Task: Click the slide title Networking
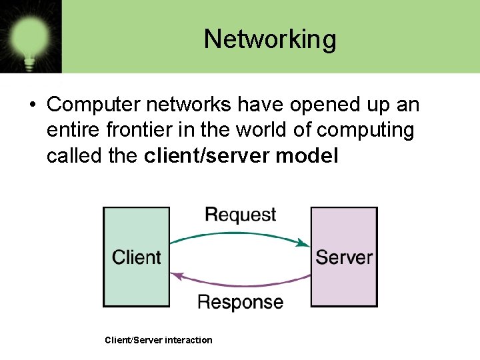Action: (270, 39)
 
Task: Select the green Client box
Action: (136, 257)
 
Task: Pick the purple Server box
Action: (344, 257)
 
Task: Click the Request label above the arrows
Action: (240, 215)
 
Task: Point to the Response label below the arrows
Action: (240, 302)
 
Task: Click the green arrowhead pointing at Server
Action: (305, 243)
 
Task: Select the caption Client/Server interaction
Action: (159, 340)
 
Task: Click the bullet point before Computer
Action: (32, 105)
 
